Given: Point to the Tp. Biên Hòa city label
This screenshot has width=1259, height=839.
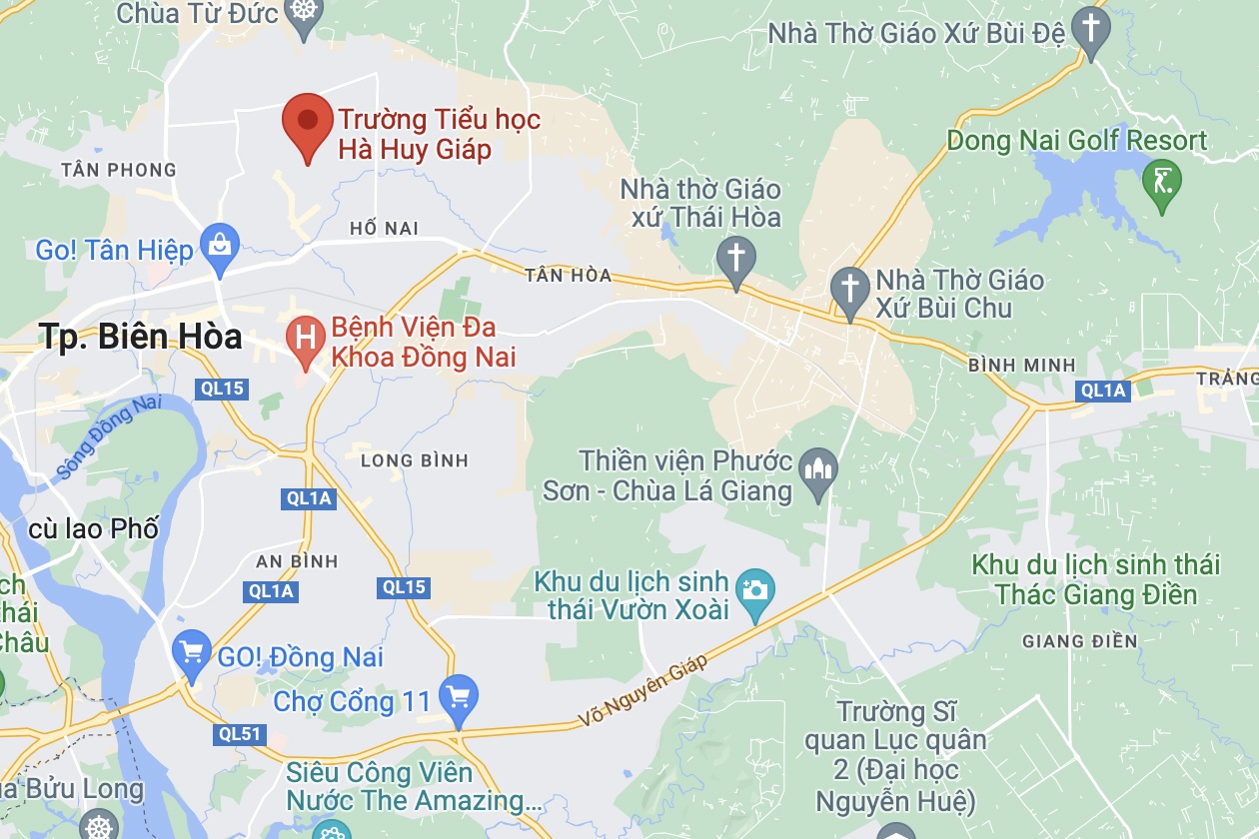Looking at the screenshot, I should click(141, 337).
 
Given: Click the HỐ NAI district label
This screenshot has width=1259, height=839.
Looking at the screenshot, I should click(384, 229).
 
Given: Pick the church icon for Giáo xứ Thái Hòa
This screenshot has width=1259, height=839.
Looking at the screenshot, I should click(736, 258).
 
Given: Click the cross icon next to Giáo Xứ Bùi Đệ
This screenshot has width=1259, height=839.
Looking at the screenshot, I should click(1089, 28).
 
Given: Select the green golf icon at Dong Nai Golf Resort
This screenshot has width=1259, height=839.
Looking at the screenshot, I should click(1162, 182).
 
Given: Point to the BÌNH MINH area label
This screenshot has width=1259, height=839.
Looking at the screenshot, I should click(1021, 366).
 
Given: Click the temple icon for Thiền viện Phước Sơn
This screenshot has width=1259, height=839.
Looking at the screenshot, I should click(819, 467).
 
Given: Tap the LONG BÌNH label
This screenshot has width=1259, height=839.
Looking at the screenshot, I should click(415, 460).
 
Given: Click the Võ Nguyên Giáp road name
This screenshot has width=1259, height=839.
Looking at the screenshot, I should click(643, 691).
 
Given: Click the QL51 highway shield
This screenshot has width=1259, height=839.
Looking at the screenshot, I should click(239, 735).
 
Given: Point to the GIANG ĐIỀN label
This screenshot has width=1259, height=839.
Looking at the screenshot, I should click(1080, 641).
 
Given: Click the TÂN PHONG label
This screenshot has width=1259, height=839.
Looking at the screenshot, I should click(118, 170).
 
